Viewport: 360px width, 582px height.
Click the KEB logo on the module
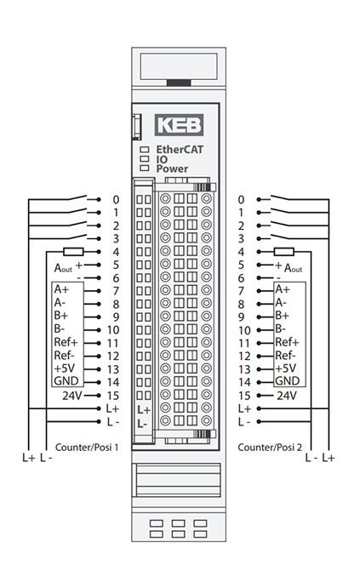tap(179, 125)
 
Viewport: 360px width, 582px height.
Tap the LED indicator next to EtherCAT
tap(144, 150)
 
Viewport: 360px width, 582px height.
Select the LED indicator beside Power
tap(144, 168)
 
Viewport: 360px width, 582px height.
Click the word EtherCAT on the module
tap(180, 150)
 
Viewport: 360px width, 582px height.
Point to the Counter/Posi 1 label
tap(87, 448)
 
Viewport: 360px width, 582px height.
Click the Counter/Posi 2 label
tap(270, 448)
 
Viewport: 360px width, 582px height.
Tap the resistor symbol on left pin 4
tap(73, 252)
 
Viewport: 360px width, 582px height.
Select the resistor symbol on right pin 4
tap(284, 252)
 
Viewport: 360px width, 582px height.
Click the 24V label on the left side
tap(71, 396)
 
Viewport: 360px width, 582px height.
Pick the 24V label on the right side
tap(287, 396)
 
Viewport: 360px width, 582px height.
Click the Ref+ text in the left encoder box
tap(66, 342)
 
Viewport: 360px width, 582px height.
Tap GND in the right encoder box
tap(288, 381)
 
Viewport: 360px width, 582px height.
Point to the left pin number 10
tap(113, 330)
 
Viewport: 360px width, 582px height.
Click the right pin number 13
tap(244, 369)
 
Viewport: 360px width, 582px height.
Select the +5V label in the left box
tap(65, 368)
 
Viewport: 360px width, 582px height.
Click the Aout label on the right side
tap(294, 268)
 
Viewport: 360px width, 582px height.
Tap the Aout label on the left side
tap(63, 268)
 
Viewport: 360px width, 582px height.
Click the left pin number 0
tap(116, 200)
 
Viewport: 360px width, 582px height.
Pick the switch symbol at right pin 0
tap(281, 197)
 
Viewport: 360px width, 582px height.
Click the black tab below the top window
tap(179, 83)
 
